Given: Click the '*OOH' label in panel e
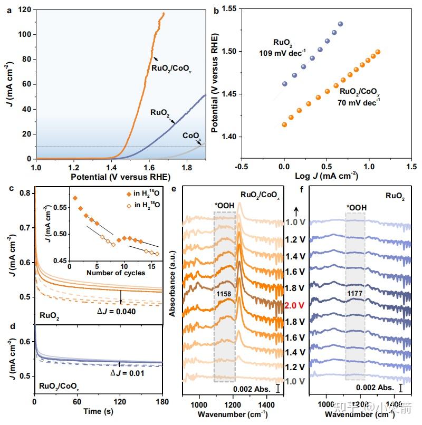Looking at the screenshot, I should (x=225, y=206).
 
